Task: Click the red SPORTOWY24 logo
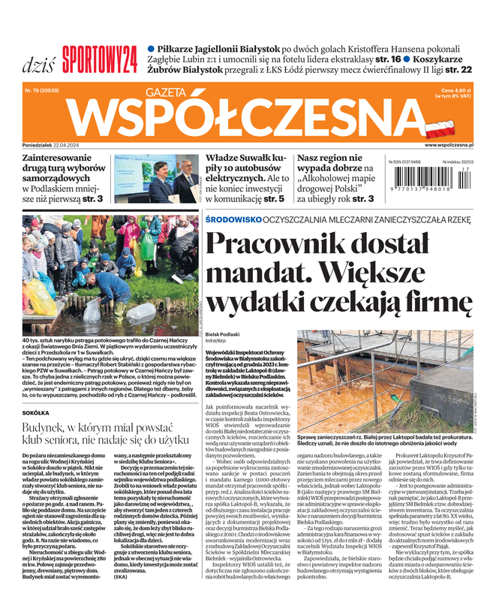(99, 56)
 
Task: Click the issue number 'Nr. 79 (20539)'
(43, 90)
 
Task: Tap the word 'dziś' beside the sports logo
(37, 58)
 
